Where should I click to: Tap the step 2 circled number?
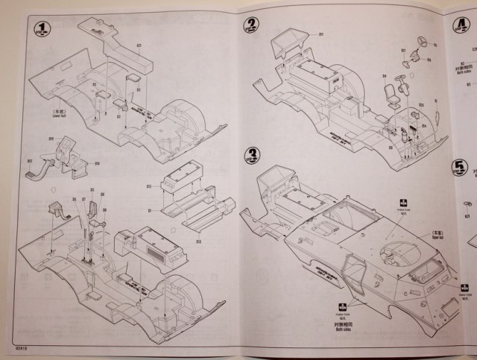click(253, 23)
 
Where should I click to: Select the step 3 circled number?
click(253, 156)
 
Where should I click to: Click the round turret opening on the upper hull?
click(394, 256)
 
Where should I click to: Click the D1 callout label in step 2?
click(321, 34)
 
